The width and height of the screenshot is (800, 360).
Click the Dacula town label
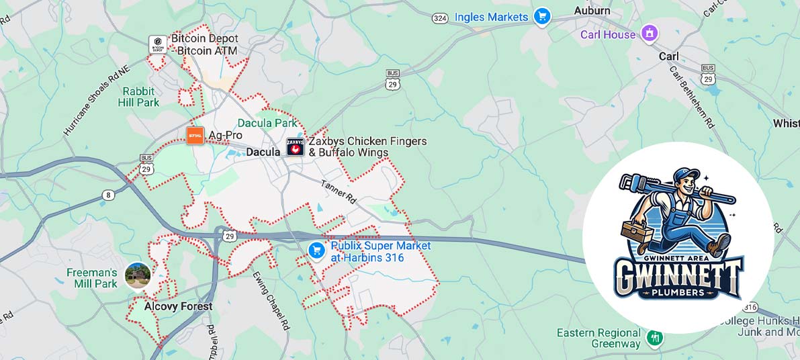tap(263, 152)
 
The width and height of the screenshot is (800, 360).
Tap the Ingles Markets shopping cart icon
tap(542, 16)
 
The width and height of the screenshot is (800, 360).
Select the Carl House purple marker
tap(649, 33)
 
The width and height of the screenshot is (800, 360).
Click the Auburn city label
tap(592, 11)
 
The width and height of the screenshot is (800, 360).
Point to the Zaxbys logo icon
tap(296, 147)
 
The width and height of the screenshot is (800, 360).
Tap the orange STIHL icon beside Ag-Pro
tap(195, 135)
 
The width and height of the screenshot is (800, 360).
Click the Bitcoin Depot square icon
tap(158, 45)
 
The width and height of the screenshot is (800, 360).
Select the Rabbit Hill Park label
tap(138, 97)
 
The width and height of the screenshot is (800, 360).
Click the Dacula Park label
tap(267, 123)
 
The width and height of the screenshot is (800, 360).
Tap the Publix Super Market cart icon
tap(316, 251)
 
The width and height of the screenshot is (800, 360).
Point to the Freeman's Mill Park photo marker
tap(137, 275)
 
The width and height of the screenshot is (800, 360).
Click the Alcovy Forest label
tap(178, 306)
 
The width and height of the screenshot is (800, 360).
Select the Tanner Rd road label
tap(338, 192)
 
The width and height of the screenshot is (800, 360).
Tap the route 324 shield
tap(440, 18)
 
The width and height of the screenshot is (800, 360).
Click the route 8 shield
tap(108, 195)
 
